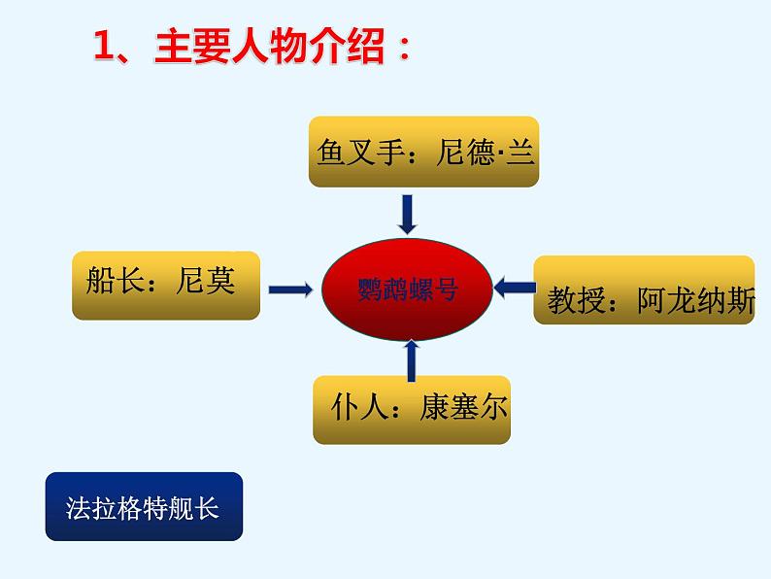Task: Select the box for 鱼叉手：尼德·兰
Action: (x=425, y=153)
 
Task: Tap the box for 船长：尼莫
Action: (x=166, y=284)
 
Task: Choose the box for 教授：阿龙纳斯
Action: (x=645, y=290)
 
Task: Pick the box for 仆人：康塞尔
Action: (x=411, y=409)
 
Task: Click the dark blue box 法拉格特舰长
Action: (x=143, y=506)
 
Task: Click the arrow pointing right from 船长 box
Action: (x=289, y=289)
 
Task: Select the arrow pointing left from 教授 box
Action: (x=515, y=286)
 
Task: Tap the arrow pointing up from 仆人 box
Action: (x=412, y=359)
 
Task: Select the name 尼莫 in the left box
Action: (x=206, y=282)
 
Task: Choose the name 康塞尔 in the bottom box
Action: (x=463, y=407)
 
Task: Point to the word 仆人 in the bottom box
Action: (x=352, y=407)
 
